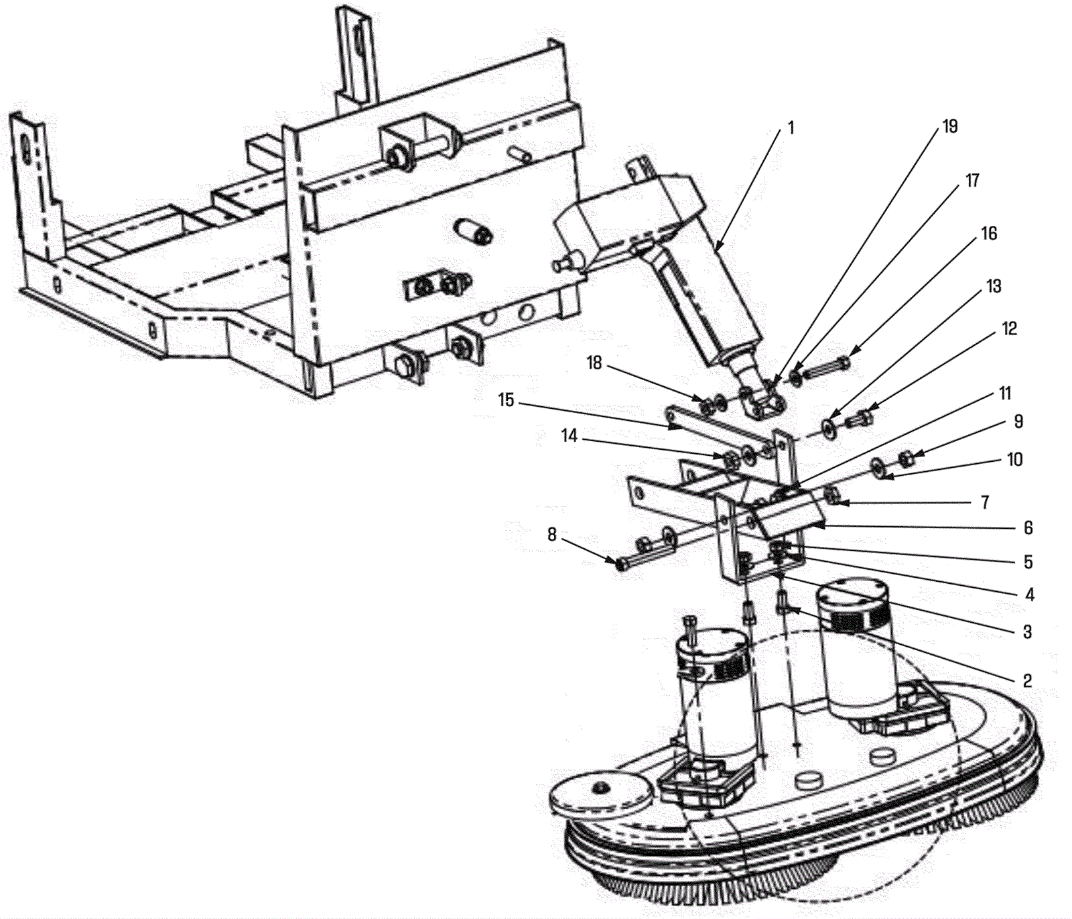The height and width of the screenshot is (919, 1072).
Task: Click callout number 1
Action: (x=791, y=127)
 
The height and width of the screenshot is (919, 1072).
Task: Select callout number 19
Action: (x=950, y=126)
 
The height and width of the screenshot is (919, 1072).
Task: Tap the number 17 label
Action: (x=972, y=180)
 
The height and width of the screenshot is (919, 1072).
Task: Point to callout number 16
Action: (x=989, y=233)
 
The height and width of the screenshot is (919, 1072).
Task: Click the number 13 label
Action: (x=994, y=286)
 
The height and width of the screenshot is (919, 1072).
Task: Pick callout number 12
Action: (x=1009, y=328)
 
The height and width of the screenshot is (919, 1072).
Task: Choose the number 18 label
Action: (x=594, y=363)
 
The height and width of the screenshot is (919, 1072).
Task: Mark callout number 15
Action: (x=506, y=400)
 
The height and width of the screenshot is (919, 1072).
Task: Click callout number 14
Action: (x=569, y=436)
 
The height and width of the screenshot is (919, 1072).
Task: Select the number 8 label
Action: (x=551, y=534)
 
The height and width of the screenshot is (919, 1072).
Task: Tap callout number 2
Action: (x=1027, y=681)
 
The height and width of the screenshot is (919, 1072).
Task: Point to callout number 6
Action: (x=1028, y=528)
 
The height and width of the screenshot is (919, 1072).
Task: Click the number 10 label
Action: (x=1015, y=459)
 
